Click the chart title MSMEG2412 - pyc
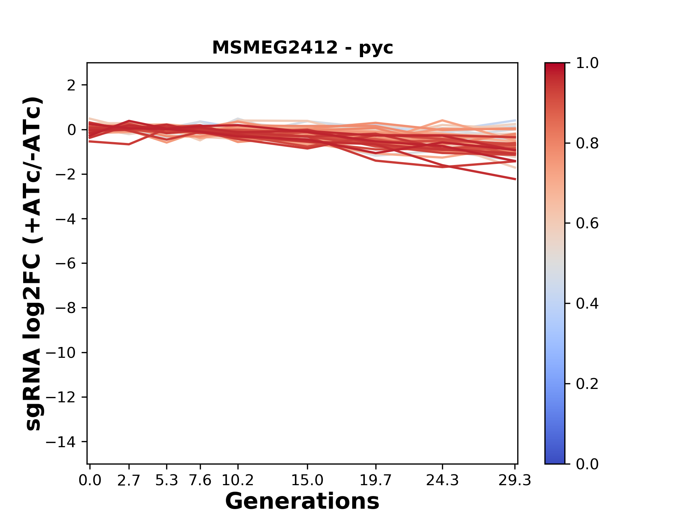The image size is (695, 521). (302, 48)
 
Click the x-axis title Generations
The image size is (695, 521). (302, 501)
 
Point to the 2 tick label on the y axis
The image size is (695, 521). (71, 85)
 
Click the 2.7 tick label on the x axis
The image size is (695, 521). (129, 480)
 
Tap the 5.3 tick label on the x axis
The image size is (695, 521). (167, 480)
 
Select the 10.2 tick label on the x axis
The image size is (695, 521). (237, 480)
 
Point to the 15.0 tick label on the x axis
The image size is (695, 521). (307, 480)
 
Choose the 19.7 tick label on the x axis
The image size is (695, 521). (376, 480)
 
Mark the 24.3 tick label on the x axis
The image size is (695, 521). (442, 480)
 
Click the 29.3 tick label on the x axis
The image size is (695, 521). (515, 480)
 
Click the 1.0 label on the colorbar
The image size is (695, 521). (587, 63)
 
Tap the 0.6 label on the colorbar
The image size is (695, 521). (587, 224)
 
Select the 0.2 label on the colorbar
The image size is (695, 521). (587, 384)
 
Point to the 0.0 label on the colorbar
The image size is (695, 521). (587, 464)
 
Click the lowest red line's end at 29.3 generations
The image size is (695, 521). (515, 179)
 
